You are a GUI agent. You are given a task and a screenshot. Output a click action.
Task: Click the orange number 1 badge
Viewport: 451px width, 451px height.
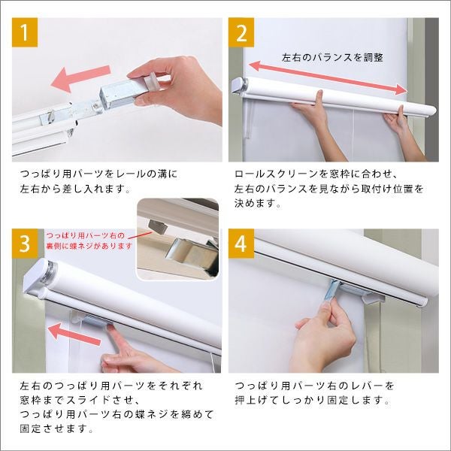25,32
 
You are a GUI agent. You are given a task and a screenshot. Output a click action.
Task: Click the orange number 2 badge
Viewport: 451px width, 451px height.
241,32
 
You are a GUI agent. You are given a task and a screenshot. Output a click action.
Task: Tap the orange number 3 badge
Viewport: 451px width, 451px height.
25,244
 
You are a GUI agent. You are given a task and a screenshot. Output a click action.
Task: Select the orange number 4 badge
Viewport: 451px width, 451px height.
241,244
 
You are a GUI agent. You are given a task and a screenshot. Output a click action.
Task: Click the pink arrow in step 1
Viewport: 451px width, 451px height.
80,78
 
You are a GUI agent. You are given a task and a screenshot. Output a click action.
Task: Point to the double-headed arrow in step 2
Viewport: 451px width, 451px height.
328,77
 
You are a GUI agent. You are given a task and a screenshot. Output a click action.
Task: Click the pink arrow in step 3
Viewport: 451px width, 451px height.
74,334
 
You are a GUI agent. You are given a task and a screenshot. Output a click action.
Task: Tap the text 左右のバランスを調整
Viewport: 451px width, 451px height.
332,58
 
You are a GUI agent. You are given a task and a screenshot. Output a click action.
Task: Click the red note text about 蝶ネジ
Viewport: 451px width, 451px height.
89,241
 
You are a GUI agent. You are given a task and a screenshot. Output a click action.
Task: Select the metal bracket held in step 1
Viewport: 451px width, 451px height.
118,94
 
